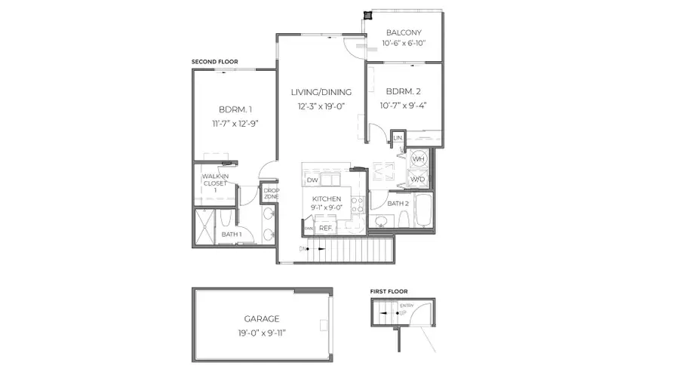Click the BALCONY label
click(x=404, y=32)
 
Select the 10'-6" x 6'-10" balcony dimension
click(x=404, y=44)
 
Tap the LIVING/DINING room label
click(x=321, y=92)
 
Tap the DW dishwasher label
click(x=312, y=180)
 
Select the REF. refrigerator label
click(x=326, y=227)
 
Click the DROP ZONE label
click(x=271, y=194)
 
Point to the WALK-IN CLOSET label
click(x=214, y=183)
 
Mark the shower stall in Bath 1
click(x=204, y=225)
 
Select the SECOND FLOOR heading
click(x=214, y=62)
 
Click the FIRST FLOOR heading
click(x=389, y=290)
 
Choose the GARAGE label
click(x=261, y=318)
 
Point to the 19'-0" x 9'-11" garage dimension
click(x=261, y=331)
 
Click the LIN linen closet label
click(x=398, y=137)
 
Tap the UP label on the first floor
click(x=403, y=311)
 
